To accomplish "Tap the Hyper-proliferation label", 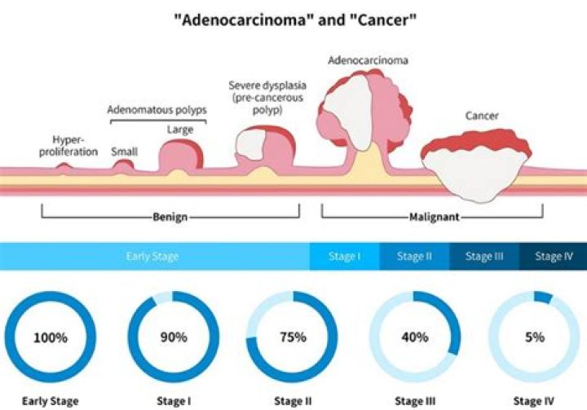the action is pos(68,146).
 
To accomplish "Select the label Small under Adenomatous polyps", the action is pos(124,152).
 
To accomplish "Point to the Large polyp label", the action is pos(180,130).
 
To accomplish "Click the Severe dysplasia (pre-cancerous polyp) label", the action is pos(267,98).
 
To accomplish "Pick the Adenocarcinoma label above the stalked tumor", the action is pos(368,60).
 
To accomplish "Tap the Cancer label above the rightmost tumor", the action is pos(482,116).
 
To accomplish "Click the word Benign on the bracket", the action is pos(170,217).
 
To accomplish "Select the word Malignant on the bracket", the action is pos(435,217).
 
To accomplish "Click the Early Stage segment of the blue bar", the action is pos(155,256).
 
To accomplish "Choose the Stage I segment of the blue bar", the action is pos(344,256).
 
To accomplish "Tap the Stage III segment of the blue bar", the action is pos(484,256).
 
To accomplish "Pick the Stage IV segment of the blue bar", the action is pos(554,256).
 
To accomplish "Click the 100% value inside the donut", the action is pos(51,337).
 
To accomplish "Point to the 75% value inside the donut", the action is pos(293,337).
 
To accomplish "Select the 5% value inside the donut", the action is pos(535,337).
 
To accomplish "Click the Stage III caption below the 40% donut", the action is pos(415,401).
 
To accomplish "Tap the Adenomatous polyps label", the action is pos(157,110).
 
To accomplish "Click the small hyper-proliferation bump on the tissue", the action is pos(64,168).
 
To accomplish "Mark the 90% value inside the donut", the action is pos(174,337).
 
